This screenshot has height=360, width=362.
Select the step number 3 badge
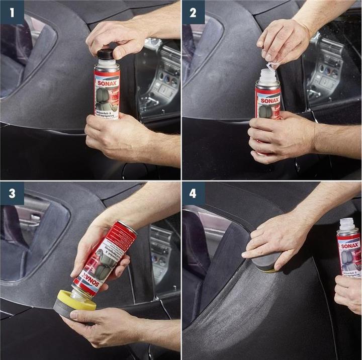point(12,193)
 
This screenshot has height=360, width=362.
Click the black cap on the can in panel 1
point(105,54)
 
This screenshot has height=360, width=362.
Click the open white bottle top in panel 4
point(348,225)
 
